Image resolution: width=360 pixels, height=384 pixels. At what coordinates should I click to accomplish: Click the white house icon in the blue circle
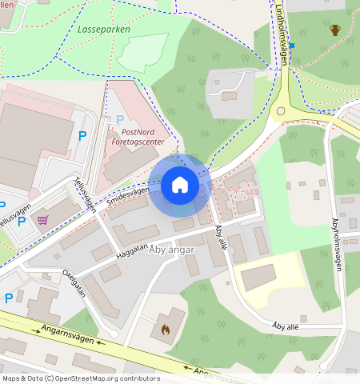180,185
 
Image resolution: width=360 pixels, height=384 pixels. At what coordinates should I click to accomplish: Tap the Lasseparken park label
104,29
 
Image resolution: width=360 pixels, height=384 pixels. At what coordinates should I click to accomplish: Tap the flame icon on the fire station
166,329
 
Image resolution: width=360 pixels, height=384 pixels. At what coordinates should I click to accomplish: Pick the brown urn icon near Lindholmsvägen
335,30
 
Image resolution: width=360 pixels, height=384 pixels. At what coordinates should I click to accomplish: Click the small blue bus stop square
292,46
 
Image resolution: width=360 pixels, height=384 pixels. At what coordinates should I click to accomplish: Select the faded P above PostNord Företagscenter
120,120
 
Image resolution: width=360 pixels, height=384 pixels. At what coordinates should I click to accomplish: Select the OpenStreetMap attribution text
80,378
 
